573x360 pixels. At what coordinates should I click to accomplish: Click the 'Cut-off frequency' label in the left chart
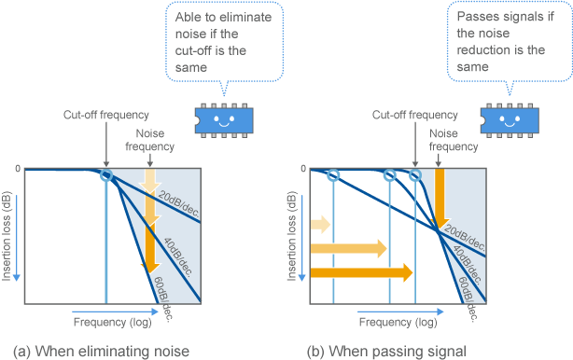click(106, 116)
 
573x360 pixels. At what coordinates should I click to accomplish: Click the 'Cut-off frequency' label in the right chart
click(414, 116)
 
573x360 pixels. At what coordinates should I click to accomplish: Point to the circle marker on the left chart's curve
click(106, 175)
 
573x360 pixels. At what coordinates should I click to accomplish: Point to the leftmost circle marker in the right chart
click(333, 175)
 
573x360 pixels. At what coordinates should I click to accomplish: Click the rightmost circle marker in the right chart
click(416, 175)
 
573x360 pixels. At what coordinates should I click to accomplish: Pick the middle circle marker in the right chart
click(389, 175)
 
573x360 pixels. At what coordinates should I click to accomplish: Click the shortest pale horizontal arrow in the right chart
click(320, 224)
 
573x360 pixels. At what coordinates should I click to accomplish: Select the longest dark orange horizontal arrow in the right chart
click(360, 272)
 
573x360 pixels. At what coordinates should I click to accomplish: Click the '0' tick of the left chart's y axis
click(17, 169)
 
